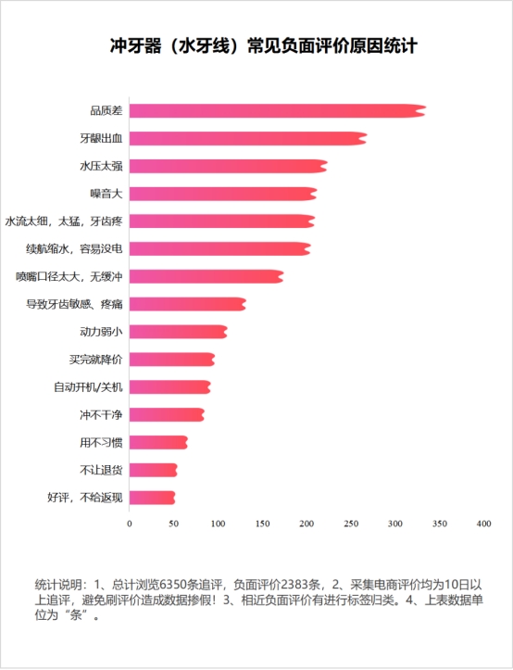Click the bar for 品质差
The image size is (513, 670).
coord(276,111)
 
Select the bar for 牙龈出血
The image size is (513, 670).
coord(247,139)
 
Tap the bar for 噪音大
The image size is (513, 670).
coord(222,194)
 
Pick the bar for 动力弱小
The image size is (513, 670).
coord(178,332)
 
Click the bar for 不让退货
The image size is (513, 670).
coord(153,470)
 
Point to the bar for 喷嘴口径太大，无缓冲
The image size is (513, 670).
coord(206,276)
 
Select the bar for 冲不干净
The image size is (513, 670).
coord(167,414)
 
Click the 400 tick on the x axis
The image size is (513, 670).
coord(482,525)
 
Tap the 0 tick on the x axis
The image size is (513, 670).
coord(129,525)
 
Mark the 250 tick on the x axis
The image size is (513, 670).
coord(350,525)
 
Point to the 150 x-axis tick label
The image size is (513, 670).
coord(261,525)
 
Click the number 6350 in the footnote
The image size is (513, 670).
coord(175,585)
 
